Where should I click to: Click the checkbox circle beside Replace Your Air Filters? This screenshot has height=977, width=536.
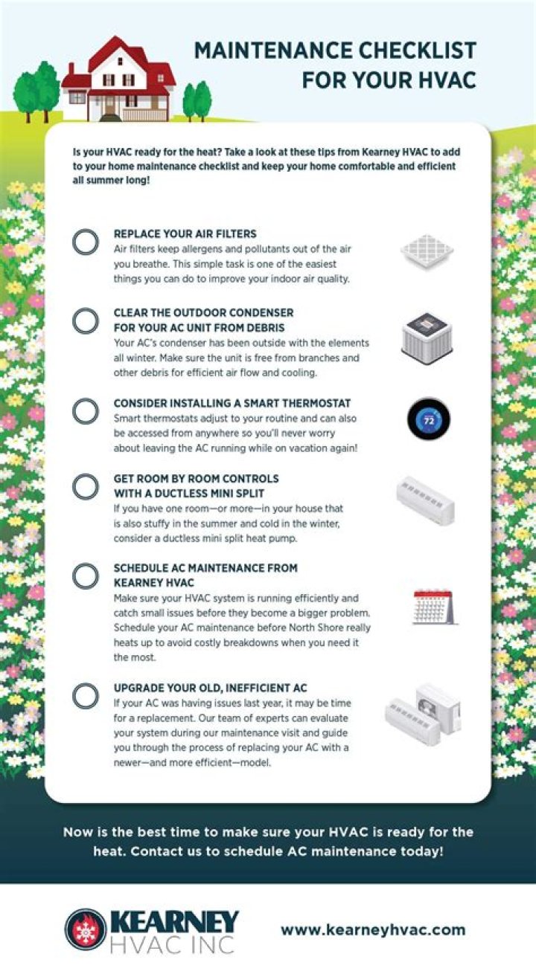pyautogui.click(x=73, y=242)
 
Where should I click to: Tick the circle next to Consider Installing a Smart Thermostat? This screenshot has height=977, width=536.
pyautogui.click(x=73, y=411)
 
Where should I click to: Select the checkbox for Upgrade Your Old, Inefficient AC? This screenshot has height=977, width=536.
pyautogui.click(x=73, y=696)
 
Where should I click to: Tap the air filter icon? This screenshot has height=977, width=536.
pyautogui.click(x=427, y=251)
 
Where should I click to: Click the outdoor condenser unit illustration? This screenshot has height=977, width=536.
pyautogui.click(x=427, y=339)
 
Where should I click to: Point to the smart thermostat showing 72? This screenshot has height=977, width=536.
pyautogui.click(x=429, y=419)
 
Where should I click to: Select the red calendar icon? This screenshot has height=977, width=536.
pyautogui.click(x=434, y=607)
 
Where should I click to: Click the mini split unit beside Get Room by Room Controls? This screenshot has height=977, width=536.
pyautogui.click(x=425, y=500)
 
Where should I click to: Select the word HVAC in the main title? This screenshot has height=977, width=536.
pyautogui.click(x=440, y=80)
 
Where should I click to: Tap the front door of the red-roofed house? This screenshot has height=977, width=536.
pyautogui.click(x=109, y=106)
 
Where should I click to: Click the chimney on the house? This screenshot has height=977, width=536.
pyautogui.click(x=72, y=70)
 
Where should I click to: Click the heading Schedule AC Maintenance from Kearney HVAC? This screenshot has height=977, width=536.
pyautogui.click(x=205, y=575)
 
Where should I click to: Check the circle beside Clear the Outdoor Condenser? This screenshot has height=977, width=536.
pyautogui.click(x=73, y=320)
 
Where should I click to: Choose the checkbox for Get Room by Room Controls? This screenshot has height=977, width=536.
pyautogui.click(x=73, y=486)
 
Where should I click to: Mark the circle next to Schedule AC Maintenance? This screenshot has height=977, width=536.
pyautogui.click(x=73, y=575)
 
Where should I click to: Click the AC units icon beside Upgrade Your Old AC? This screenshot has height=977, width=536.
pyautogui.click(x=423, y=715)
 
